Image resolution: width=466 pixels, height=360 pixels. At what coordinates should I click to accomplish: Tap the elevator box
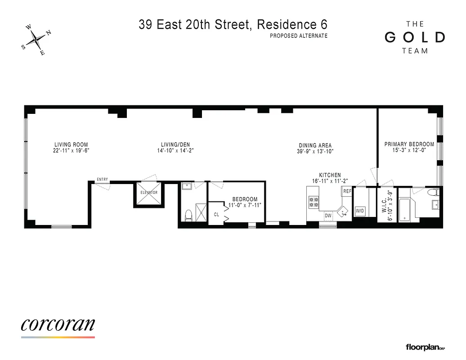pyautogui.click(x=149, y=193)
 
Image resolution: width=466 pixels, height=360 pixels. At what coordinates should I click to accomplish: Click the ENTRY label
pyautogui.click(x=103, y=180)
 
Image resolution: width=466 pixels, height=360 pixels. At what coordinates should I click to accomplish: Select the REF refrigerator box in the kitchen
pyautogui.click(x=347, y=191)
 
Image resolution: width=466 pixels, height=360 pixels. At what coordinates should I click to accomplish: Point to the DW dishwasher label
pyautogui.click(x=328, y=216)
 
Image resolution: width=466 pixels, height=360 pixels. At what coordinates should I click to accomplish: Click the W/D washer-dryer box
pyautogui.click(x=360, y=211)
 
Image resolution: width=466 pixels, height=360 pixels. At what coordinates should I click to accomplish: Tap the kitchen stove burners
pyautogui.click(x=313, y=203)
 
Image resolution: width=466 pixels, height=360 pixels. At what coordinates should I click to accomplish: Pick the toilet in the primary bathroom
pyautogui.click(x=432, y=193)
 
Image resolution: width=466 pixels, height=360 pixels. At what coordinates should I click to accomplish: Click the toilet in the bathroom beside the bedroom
pyautogui.click(x=188, y=215)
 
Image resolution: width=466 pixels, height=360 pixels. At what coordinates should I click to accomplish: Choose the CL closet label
pyautogui.click(x=216, y=215)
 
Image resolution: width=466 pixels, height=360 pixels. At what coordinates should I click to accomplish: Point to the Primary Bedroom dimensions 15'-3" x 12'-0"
pyautogui.click(x=409, y=151)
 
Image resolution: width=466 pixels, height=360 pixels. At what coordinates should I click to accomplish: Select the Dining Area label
pyautogui.click(x=315, y=145)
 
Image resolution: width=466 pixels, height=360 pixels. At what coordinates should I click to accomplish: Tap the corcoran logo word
pyautogui.click(x=58, y=324)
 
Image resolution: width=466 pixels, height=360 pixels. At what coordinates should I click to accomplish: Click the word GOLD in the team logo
pyautogui.click(x=415, y=37)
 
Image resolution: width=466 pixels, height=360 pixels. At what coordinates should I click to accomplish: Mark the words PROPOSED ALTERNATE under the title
pyautogui.click(x=299, y=36)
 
